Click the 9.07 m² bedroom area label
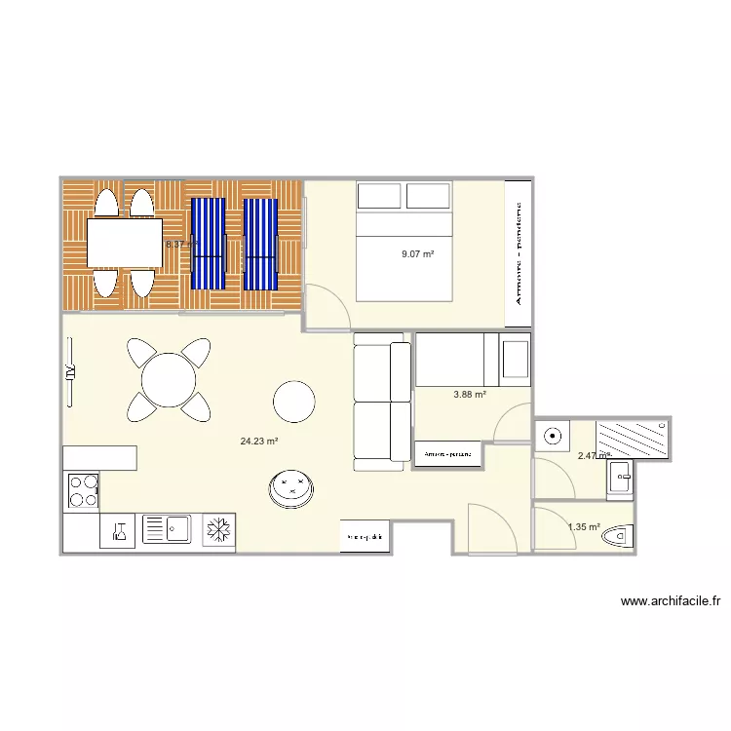(417, 254)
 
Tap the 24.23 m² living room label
(259, 441)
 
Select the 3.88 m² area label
(470, 395)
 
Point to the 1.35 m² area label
(584, 527)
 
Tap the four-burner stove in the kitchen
(82, 490)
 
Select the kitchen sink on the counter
(168, 530)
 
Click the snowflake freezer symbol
(218, 530)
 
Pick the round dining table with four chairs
(170, 378)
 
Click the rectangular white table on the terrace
(125, 243)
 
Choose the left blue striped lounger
(208, 244)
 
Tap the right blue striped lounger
(260, 244)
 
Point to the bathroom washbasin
(620, 478)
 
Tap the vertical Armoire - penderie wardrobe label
(519, 253)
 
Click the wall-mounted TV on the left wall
(69, 371)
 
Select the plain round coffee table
(293, 400)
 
